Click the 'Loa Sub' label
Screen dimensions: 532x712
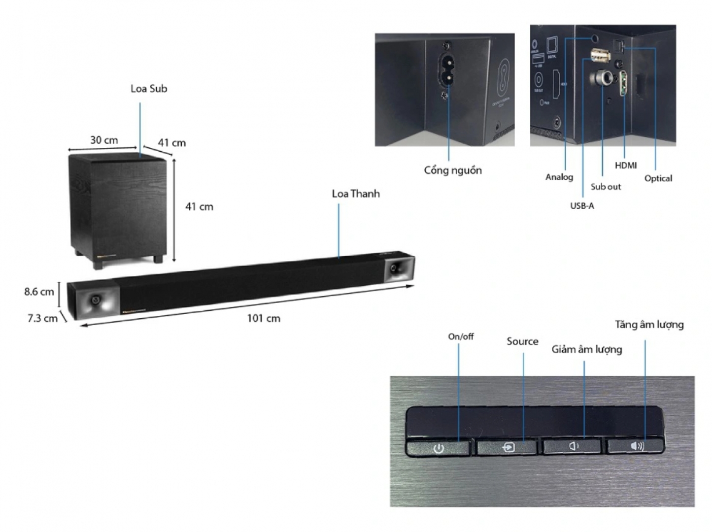(149, 89)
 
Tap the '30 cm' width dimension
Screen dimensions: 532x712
(104, 140)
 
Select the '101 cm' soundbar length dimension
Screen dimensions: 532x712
(264, 318)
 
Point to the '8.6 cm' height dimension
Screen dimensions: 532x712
(39, 292)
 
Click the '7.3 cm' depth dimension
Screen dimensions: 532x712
(42, 318)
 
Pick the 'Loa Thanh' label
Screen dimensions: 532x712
(356, 194)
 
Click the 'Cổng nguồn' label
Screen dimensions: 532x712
(453, 170)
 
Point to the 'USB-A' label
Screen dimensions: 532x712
(582, 206)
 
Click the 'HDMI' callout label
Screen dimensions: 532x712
(625, 166)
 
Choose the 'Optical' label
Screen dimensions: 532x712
(658, 178)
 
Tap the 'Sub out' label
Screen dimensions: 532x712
(606, 187)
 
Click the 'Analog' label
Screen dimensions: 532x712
(559, 177)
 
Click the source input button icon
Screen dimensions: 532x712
(509, 447)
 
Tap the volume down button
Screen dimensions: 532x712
(573, 446)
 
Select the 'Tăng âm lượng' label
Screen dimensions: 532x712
(649, 325)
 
